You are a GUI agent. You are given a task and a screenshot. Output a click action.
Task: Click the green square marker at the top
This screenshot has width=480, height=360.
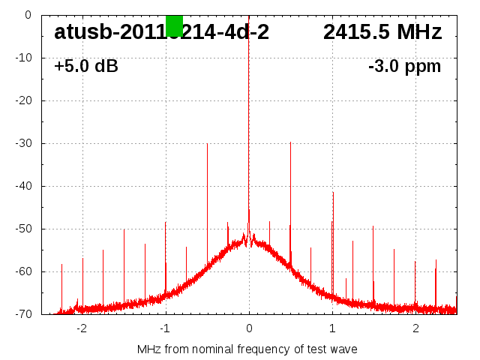(174, 25)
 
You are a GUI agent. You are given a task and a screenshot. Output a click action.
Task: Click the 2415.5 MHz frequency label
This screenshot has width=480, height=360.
(382, 32)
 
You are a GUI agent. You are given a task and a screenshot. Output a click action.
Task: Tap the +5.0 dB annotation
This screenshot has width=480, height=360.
(86, 67)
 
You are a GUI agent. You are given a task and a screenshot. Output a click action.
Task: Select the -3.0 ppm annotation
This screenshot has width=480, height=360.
(405, 67)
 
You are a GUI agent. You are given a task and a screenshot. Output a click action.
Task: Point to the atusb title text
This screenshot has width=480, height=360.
(161, 32)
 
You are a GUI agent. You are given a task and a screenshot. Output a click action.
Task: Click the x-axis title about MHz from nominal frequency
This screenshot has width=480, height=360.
(247, 349)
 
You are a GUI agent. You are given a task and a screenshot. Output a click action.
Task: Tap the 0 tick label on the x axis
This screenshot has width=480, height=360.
(249, 328)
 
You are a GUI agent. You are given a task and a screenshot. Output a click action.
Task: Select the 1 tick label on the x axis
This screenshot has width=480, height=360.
(332, 328)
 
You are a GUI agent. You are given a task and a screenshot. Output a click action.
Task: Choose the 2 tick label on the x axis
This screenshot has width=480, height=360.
(415, 328)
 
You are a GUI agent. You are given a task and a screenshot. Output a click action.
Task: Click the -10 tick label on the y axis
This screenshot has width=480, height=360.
(24, 58)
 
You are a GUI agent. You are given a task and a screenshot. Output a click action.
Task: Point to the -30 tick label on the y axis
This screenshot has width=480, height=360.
(24, 143)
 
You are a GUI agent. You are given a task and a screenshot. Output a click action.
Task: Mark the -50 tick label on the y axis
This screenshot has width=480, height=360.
(24, 229)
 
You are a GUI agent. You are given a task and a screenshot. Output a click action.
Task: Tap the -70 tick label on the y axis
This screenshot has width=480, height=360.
(24, 314)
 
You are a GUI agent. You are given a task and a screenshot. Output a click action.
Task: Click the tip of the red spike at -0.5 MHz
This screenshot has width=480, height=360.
(207, 144)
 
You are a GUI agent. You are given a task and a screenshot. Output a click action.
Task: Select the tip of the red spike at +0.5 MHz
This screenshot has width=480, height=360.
(290, 142)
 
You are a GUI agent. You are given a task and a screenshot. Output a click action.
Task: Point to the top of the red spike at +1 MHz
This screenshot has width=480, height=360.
(333, 193)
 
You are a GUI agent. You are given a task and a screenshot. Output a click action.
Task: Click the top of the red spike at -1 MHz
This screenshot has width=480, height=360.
(166, 222)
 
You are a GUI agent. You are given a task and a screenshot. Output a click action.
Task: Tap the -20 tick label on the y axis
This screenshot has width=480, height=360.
(24, 100)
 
